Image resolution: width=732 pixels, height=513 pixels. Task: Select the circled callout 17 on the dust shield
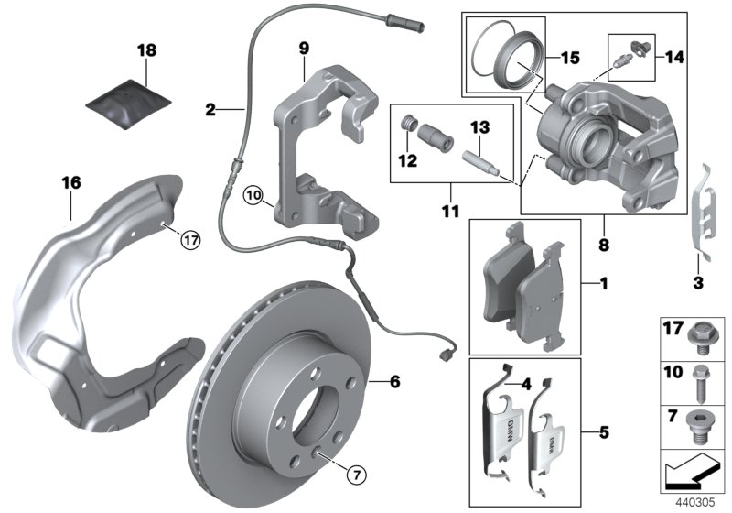coord(189,241)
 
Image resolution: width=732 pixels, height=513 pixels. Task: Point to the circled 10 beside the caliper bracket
coord(253,194)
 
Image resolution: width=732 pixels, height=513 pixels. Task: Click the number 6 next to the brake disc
coord(395,380)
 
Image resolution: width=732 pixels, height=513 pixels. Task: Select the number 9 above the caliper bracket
coord(304,46)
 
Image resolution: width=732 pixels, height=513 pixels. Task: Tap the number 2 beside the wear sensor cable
coord(210,110)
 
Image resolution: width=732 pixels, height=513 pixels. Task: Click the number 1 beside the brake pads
coord(602,285)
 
